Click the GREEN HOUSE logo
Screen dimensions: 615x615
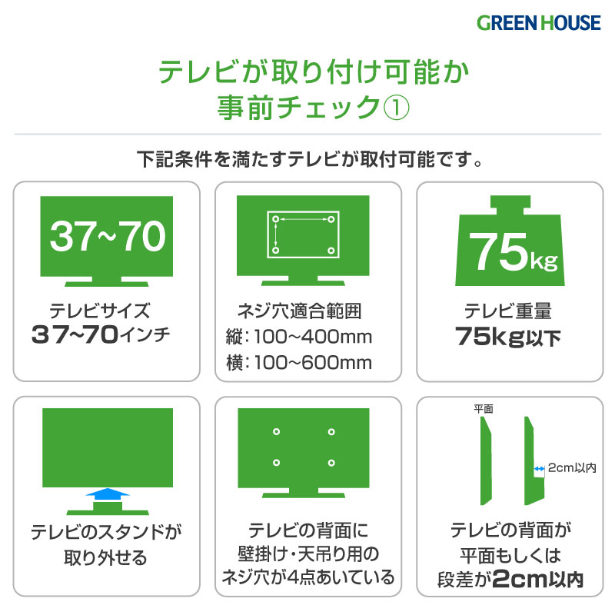[x=538, y=23]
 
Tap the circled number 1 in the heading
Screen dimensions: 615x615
[x=396, y=108]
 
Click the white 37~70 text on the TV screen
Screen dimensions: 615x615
[x=108, y=236]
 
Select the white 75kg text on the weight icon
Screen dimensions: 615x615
[x=513, y=252]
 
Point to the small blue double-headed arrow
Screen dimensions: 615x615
[x=540, y=468]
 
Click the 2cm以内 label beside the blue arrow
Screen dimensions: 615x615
[x=572, y=467]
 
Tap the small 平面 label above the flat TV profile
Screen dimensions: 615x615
[x=484, y=409]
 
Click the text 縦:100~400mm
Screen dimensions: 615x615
[x=299, y=337]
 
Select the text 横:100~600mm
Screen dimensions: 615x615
[x=299, y=362]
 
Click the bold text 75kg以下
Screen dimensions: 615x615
[x=508, y=337]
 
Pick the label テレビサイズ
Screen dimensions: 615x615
[x=100, y=311]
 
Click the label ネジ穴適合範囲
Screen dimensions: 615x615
[x=299, y=311]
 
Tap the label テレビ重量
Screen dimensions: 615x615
[x=508, y=311]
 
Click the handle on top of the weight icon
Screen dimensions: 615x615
[x=510, y=205]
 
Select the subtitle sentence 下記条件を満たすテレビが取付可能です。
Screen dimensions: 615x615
[x=310, y=159]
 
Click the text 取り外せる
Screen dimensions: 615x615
[x=105, y=557]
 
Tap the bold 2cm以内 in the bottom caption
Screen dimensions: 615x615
[x=537, y=580]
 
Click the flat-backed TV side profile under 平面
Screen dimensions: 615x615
[x=486, y=460]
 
